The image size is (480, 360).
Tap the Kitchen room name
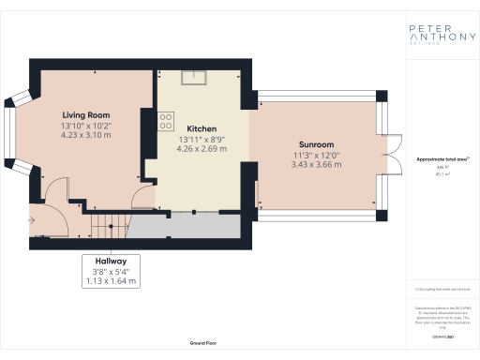click(x=202, y=128)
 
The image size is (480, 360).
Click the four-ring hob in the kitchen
click(x=167, y=120)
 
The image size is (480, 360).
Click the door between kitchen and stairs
click(x=143, y=198)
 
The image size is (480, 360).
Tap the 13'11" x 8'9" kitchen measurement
click(x=202, y=140)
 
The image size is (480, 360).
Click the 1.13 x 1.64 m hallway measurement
click(x=111, y=280)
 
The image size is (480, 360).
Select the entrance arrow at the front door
click(x=33, y=217)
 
